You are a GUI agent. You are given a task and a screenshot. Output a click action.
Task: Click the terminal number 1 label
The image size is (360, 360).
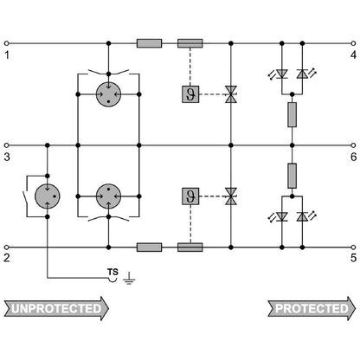point(7,55)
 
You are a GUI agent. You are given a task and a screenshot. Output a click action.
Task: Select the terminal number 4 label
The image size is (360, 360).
point(353,55)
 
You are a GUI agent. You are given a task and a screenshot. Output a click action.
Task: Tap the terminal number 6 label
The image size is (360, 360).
point(354,157)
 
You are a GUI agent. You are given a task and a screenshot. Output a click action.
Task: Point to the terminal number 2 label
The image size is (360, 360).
point(7,258)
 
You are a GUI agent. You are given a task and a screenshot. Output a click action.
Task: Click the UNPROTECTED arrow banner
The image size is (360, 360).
point(56,308)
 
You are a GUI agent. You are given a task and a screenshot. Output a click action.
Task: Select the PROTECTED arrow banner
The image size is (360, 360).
point(312,308)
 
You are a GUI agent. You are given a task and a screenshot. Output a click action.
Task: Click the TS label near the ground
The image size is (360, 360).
point(112,272)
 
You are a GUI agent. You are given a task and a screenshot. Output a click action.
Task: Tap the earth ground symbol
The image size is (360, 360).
point(129,279)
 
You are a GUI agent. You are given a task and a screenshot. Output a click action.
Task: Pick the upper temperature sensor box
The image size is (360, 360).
point(190,94)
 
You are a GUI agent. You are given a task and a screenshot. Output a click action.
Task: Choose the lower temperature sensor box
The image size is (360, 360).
point(190,196)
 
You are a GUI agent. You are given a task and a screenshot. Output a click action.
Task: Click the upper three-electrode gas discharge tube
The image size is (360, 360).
point(108,94)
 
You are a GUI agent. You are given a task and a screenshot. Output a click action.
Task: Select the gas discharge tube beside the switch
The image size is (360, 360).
point(48,196)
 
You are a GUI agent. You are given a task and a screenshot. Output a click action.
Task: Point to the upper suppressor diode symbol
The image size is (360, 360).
point(231,94)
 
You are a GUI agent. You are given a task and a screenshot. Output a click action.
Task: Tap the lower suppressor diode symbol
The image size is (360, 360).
point(231,196)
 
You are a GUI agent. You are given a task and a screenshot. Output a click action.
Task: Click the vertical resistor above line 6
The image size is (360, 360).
point(292,114)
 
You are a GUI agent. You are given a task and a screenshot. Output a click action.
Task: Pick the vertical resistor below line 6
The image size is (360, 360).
point(292,176)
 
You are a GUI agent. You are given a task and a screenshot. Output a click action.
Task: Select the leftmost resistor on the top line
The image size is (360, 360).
point(149,43)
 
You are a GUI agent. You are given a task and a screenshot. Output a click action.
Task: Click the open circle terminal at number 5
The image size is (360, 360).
point(353,247)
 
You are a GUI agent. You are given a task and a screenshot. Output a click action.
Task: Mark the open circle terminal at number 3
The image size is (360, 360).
point(7,145)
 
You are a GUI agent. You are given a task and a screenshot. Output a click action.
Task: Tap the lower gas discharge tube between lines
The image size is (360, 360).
point(108,196)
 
